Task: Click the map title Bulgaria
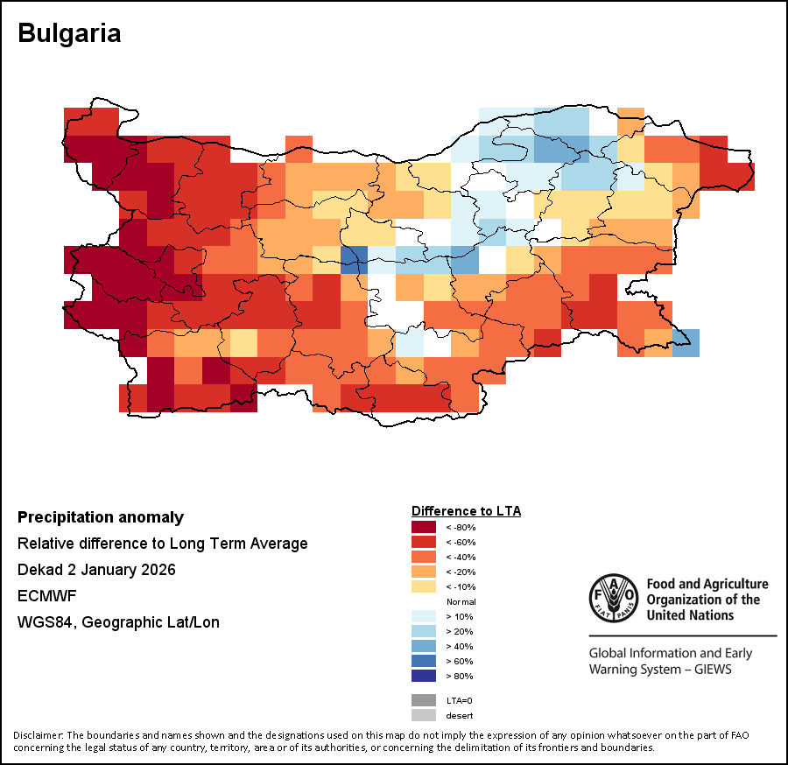[69, 33]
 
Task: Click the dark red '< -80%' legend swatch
[424, 527]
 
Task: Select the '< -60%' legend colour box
[424, 542]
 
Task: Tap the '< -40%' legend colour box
[424, 557]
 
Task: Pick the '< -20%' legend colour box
[424, 572]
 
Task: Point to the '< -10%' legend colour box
[424, 586]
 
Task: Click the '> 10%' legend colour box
[424, 616]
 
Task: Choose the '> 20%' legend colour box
[424, 631]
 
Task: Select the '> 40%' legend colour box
[424, 646]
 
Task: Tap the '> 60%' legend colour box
[424, 661]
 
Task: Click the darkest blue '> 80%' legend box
[424, 676]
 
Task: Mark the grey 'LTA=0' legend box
[424, 700]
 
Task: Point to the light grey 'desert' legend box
[424, 715]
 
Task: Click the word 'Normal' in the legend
[461, 602]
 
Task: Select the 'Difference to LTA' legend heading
[466, 510]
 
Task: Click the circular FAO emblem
[614, 598]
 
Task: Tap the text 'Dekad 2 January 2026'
[96, 570]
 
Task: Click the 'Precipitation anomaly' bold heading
[101, 517]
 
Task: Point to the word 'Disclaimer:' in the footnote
[38, 734]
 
